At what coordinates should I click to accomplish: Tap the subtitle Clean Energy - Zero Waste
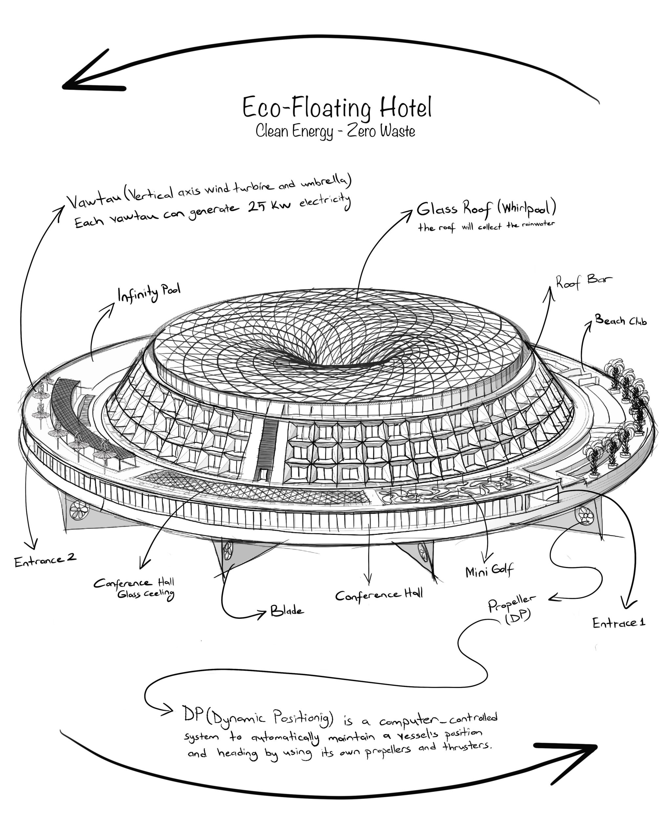coord(335,131)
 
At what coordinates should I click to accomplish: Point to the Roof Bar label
coord(583,281)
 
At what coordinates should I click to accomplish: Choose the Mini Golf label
coord(489,571)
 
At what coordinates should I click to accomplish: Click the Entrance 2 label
coord(45,560)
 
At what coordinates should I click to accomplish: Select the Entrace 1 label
coord(619,623)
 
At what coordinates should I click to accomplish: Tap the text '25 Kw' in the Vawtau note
coord(269,206)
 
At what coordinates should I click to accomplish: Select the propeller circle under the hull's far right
coord(585,516)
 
